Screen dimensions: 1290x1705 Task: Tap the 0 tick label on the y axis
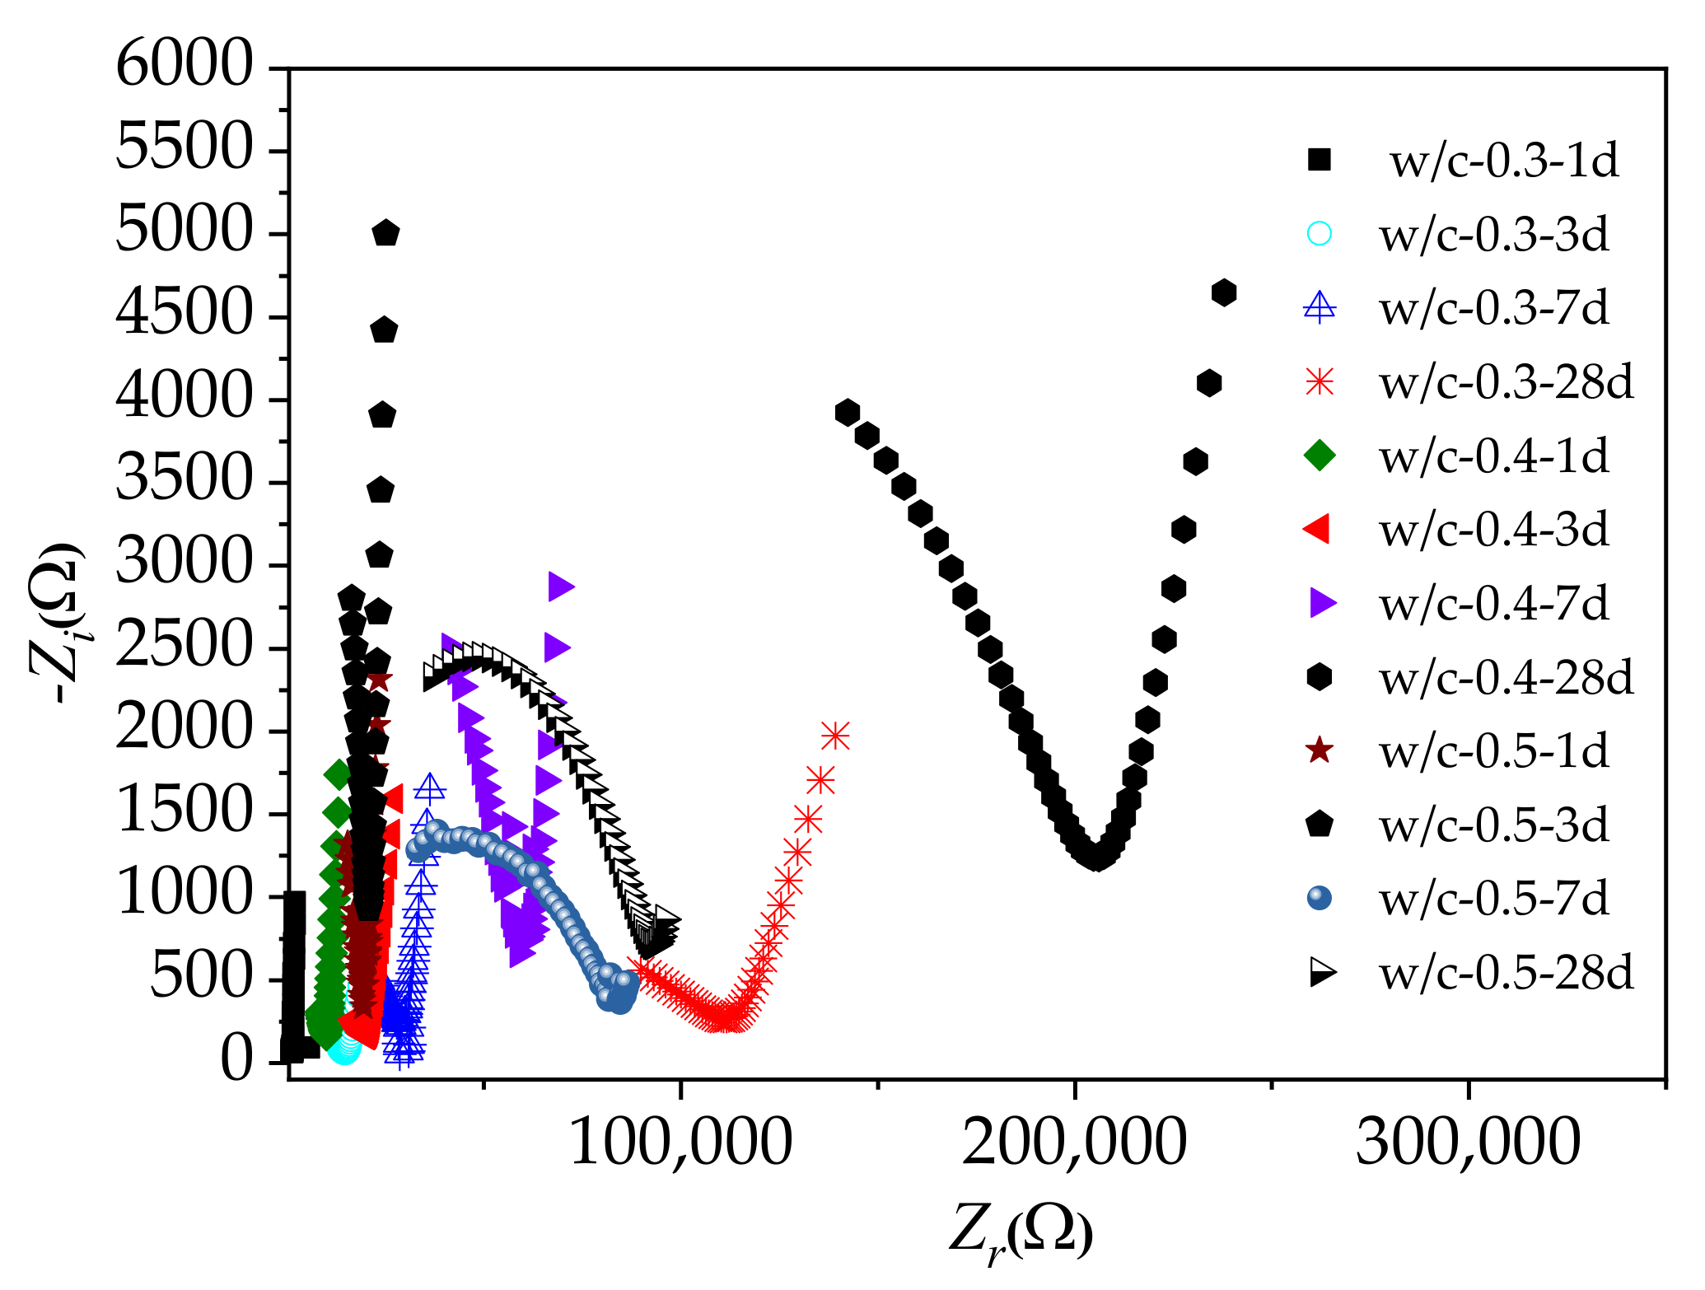(237, 1060)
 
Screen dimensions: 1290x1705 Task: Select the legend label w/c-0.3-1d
(1504, 161)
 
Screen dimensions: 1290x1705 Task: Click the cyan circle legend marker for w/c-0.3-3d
(1319, 234)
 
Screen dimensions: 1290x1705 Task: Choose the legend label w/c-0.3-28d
(1506, 382)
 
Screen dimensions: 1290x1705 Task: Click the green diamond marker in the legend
(1319, 456)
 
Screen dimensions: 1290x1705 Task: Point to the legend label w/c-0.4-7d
(1493, 604)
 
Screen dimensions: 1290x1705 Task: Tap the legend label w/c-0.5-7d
(1493, 898)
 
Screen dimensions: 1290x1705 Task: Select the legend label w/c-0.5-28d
(1506, 973)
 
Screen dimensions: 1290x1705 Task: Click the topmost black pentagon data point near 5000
(386, 234)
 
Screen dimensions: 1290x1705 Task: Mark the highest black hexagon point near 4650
(1224, 292)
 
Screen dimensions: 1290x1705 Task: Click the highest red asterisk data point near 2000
(835, 736)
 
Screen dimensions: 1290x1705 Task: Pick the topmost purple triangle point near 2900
(561, 587)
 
